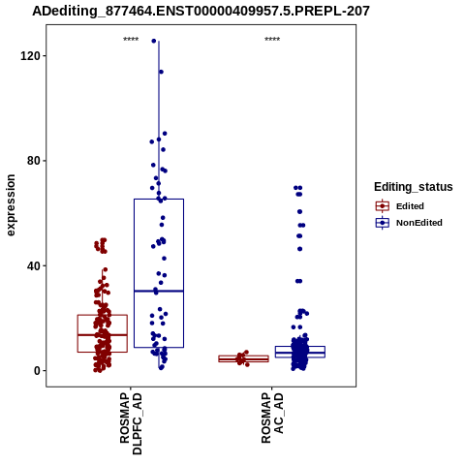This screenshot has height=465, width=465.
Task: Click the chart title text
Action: coord(201,12)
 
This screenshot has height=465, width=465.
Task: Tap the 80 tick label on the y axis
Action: coord(33,161)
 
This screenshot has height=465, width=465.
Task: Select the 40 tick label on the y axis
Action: coord(33,266)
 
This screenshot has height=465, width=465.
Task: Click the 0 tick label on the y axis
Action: coord(37,371)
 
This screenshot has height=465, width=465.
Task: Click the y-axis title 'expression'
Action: coord(11,205)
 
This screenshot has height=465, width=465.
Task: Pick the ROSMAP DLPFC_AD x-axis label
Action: coord(131,423)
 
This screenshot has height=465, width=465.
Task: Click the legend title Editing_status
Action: coord(414,187)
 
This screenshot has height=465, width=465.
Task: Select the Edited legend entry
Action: coord(400,206)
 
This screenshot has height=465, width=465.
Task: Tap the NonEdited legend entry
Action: coord(409,223)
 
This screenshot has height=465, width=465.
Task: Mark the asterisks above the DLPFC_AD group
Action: coord(131,40)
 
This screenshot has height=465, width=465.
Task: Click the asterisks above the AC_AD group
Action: coord(272,40)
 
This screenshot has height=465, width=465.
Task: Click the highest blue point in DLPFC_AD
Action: coord(154,41)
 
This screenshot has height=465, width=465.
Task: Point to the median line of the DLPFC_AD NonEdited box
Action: coord(159,292)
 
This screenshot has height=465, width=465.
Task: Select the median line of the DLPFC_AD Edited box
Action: coord(103,335)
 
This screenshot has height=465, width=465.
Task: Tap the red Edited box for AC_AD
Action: coord(244,358)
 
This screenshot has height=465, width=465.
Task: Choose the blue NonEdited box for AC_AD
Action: coord(300,352)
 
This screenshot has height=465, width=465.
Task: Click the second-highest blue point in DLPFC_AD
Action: coord(161,72)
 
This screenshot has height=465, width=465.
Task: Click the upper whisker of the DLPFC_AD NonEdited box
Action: coord(159,120)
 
